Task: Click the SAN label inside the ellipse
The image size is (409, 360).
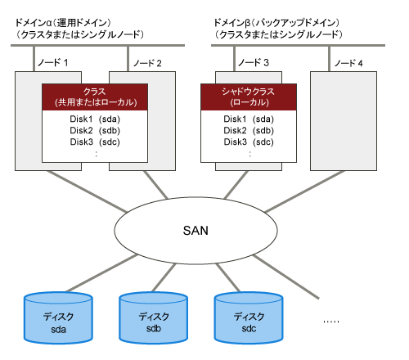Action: (196, 231)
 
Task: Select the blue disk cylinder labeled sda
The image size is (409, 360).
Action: (58, 317)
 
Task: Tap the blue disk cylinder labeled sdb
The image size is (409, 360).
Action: (153, 317)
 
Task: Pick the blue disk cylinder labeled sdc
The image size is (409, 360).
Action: (249, 317)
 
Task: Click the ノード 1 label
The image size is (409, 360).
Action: (53, 63)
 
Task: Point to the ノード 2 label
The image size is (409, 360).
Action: (147, 63)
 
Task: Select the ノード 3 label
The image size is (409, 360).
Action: (254, 63)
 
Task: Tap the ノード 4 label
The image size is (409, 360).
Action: (348, 63)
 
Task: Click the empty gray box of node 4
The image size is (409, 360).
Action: (344, 121)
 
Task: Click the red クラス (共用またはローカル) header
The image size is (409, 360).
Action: (95, 97)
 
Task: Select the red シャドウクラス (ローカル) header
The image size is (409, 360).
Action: (249, 97)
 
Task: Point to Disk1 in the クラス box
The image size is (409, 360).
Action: (81, 119)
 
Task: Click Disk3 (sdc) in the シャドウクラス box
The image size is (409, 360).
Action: (249, 142)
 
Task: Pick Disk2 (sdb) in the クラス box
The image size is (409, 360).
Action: (95, 130)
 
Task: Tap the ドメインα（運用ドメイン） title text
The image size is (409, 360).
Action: (63, 23)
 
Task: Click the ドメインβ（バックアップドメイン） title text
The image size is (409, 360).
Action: (276, 23)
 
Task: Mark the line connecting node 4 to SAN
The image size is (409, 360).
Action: (305, 191)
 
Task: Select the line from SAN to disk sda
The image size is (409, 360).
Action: (101, 273)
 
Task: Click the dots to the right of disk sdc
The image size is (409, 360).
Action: (331, 322)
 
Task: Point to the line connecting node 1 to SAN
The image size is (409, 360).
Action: (87, 191)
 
